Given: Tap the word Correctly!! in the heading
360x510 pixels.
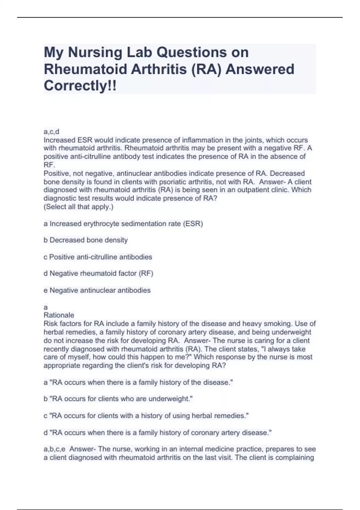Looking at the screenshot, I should tap(80, 86).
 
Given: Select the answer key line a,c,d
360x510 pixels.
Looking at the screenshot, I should tap(51, 131).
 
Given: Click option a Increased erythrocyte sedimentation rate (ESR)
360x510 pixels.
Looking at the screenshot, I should tap(123, 224).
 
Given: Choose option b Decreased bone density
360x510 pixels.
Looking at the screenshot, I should tap(86, 240).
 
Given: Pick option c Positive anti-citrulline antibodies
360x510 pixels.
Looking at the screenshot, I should tap(98, 257).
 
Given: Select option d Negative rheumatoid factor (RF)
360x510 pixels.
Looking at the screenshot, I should tap(98, 274).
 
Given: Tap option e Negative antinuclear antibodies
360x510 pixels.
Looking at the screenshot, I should tap(97, 290).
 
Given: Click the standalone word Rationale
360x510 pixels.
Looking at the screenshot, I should tap(59, 315).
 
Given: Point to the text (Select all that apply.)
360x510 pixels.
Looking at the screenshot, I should tap(79, 207).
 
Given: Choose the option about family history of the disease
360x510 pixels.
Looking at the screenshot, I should tap(138, 382).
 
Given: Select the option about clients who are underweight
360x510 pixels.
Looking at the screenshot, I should tap(118, 399).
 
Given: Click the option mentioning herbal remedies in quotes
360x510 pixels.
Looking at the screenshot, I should tap(146, 416).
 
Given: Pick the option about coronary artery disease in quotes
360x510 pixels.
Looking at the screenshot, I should tap(157, 433).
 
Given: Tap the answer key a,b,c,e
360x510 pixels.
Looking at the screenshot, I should tap(54, 449).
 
